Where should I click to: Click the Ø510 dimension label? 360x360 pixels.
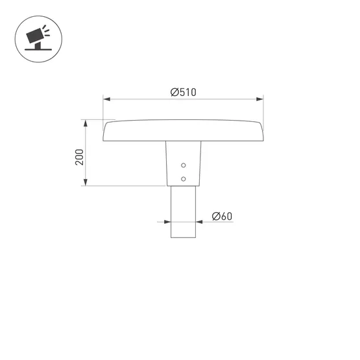(184, 93)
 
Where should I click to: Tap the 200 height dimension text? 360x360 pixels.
(79, 156)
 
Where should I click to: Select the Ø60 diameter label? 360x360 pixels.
(222, 216)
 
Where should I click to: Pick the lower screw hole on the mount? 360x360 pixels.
(184, 178)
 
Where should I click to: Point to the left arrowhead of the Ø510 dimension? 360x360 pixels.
(107, 99)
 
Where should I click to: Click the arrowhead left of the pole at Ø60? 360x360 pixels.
(167, 222)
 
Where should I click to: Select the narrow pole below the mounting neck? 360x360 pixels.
(184, 211)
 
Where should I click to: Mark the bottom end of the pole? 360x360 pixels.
(184, 237)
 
